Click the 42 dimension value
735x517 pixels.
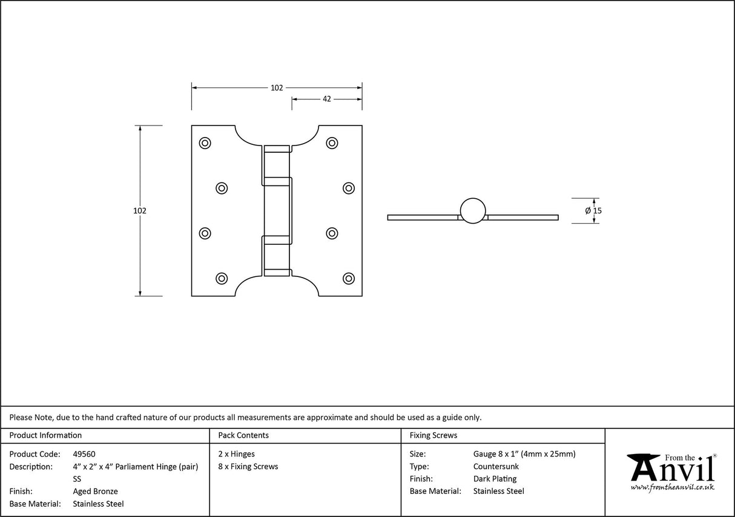[326, 99]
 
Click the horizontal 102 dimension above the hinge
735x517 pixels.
[276, 88]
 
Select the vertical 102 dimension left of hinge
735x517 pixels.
[140, 211]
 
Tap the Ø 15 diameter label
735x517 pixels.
[593, 211]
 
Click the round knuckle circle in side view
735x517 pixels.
[472, 210]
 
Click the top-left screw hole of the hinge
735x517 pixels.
[205, 143]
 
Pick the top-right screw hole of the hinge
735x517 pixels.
[332, 143]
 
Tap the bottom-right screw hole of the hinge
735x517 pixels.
[348, 278]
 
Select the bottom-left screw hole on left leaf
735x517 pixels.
[222, 278]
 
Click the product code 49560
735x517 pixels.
[84, 454]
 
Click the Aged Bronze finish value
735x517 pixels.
[95, 492]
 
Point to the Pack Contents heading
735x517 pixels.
[243, 435]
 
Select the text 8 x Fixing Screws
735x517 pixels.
[248, 467]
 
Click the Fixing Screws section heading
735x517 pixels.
[433, 435]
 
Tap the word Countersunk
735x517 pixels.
[496, 467]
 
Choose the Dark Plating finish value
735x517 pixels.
[495, 479]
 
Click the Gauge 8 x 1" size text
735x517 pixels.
[524, 454]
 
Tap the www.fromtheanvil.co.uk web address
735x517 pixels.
[672, 487]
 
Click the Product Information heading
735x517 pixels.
[45, 435]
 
